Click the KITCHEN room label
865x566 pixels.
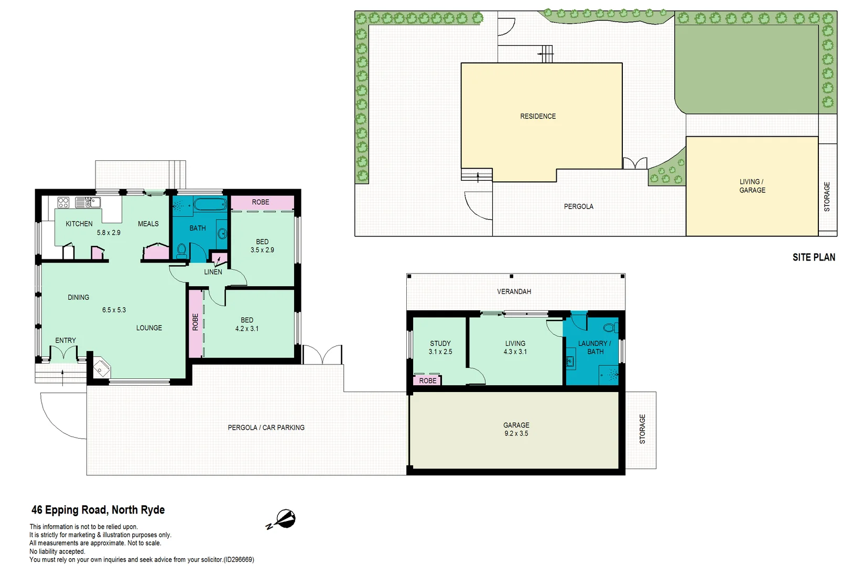tap(79, 224)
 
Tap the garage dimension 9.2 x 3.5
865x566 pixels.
tap(516, 434)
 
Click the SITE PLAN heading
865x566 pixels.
tap(814, 257)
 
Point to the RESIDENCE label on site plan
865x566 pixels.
tap(538, 116)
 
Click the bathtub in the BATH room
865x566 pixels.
tap(210, 204)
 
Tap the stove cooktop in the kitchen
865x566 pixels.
tap(63, 202)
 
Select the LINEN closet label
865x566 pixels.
tap(213, 272)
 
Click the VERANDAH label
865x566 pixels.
tap(514, 291)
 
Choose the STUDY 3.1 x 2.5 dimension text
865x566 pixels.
tap(440, 352)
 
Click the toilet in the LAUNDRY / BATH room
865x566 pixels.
tap(610, 328)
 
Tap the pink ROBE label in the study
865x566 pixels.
tap(427, 380)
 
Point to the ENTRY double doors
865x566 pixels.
tap(64, 354)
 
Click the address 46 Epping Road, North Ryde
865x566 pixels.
tap(98, 510)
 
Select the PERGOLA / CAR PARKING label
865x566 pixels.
tap(266, 428)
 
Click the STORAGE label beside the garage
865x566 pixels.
tap(642, 429)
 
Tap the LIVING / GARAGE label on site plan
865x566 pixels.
tap(752, 186)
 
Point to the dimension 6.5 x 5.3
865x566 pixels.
tap(114, 310)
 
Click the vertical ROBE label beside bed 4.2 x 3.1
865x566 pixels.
tap(196, 322)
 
